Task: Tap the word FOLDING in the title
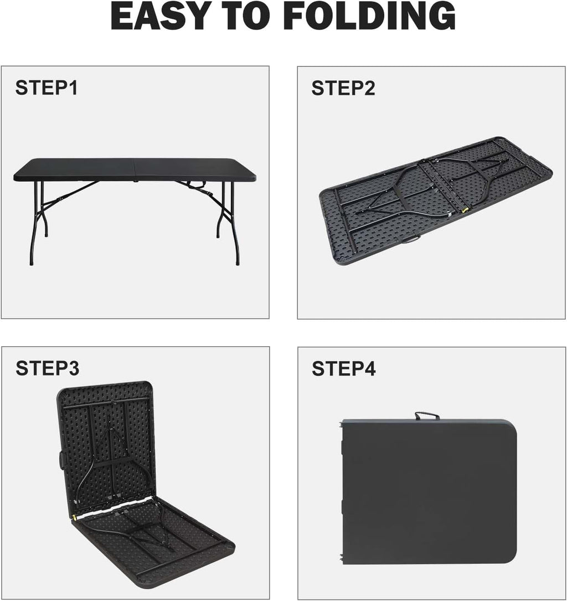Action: coord(370,16)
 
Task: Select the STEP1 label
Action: coord(47,88)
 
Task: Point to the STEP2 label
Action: coord(343,88)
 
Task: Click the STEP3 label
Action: coord(48,368)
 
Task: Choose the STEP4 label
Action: coord(344,368)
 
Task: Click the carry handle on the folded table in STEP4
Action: coord(427,415)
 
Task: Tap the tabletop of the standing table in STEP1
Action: coord(135,169)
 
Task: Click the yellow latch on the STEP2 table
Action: coord(466,210)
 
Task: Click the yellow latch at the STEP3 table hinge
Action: coord(74,517)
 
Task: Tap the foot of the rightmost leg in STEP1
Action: coord(238,263)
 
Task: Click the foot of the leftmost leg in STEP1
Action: coord(31,263)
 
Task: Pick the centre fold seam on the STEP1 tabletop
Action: coord(135,169)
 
